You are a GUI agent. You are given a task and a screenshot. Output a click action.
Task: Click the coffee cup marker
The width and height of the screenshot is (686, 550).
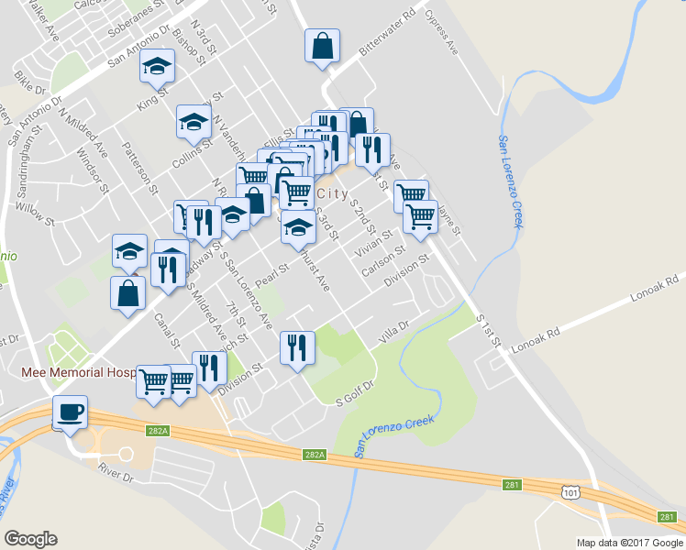[x=70, y=412]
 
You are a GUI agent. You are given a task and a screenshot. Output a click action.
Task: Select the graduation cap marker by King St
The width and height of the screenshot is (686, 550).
[x=157, y=66]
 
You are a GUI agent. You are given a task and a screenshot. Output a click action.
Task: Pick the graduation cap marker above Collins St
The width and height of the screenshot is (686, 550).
[x=194, y=121]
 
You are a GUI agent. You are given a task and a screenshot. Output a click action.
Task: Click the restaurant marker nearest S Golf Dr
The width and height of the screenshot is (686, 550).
[x=297, y=347]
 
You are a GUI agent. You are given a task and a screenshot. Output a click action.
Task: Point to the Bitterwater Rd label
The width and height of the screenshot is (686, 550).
[x=387, y=34]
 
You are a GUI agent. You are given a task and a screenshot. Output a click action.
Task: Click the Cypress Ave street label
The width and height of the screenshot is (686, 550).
[x=440, y=33]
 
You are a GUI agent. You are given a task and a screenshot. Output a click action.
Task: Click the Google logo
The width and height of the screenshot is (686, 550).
[x=30, y=539]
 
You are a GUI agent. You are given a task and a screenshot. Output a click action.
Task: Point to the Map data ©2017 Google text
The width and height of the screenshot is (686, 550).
[x=629, y=543]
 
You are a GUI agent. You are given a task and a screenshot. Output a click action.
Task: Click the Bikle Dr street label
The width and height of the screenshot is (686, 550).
[x=30, y=89]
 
